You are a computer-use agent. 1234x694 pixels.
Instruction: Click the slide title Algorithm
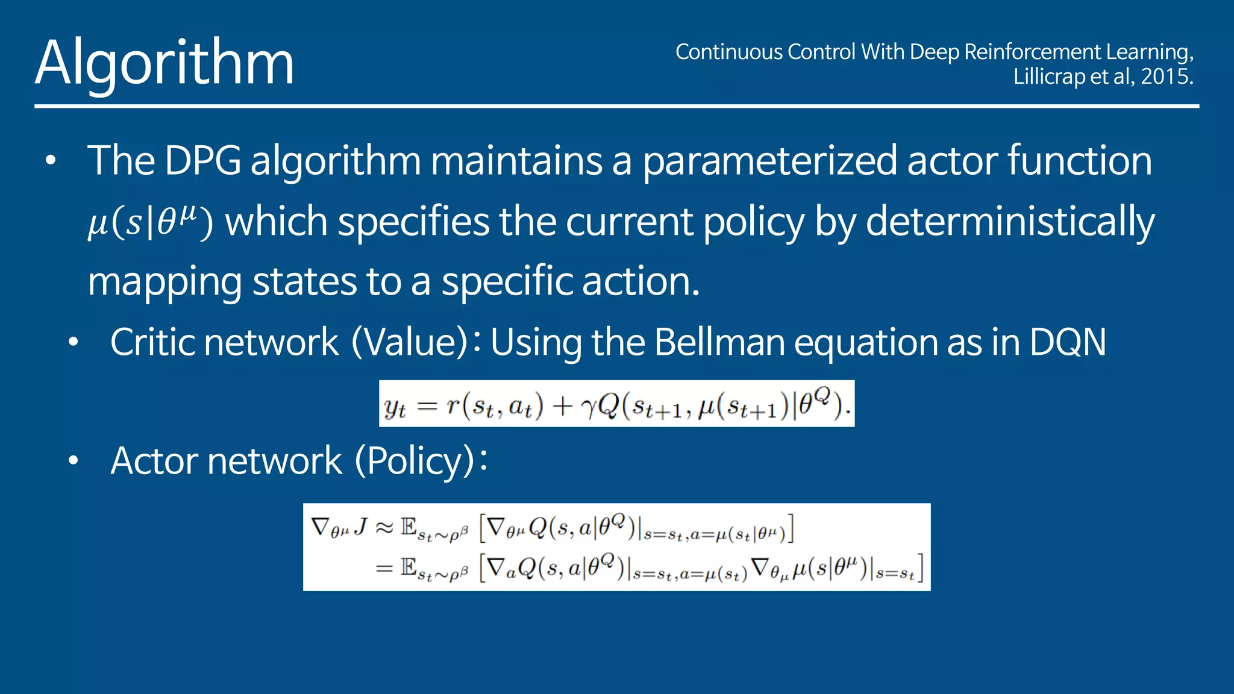[164, 63]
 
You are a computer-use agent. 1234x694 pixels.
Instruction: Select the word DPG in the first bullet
[202, 161]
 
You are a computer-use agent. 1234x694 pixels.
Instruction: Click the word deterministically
[1010, 222]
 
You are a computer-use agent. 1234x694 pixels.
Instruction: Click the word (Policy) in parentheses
[415, 461]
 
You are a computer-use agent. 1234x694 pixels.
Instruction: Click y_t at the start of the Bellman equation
[395, 407]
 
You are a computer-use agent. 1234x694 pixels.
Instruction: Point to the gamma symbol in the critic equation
[589, 408]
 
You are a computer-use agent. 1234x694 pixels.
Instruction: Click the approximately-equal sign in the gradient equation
[384, 528]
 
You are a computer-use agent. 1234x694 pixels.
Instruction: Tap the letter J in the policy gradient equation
[360, 527]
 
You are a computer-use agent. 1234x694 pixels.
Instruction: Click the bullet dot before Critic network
[74, 342]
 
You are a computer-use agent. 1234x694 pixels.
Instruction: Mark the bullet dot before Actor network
[74, 461]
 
